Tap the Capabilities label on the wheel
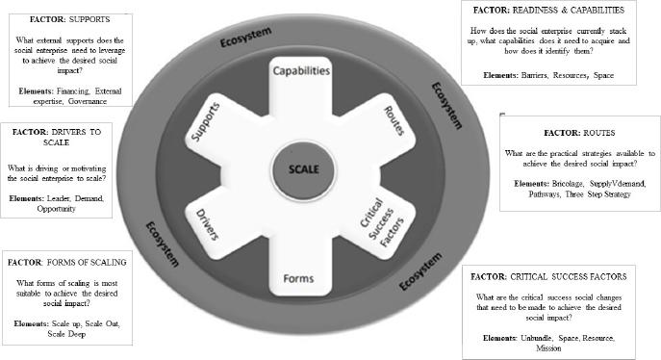coord(301,71)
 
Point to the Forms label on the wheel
coord(299,278)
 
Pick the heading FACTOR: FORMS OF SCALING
coord(66,261)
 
